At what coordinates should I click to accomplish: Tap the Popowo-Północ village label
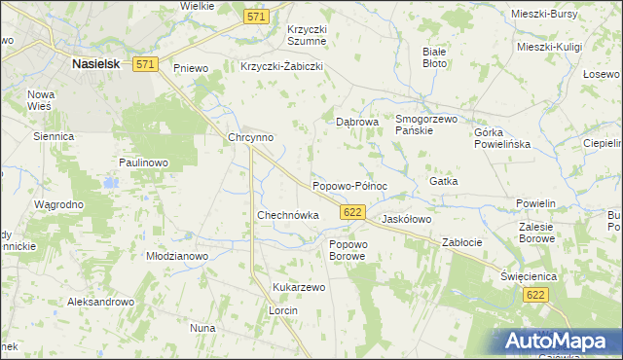[349, 185]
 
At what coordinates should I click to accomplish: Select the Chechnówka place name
[287, 215]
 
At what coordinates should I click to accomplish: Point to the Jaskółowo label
[406, 220]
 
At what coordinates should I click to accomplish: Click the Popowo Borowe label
[348, 249]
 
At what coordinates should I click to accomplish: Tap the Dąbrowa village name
[356, 123]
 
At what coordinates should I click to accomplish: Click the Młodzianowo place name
[177, 256]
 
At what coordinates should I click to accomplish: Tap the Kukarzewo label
[299, 288]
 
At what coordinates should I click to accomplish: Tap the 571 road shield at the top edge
[257, 18]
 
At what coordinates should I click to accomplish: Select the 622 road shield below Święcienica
[534, 294]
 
